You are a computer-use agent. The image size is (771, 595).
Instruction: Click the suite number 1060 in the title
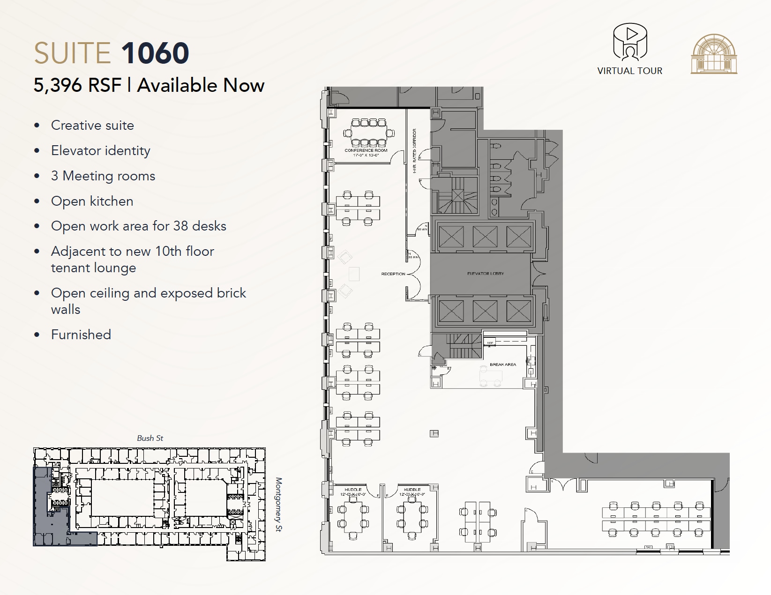pos(155,53)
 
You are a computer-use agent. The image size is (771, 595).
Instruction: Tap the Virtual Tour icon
pos(630,43)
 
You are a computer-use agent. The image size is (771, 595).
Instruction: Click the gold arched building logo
pos(713,54)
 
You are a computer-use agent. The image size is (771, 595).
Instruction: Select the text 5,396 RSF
pos(77,85)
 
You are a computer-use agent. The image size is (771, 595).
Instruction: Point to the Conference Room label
pos(366,150)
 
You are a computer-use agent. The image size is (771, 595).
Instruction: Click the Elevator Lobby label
pos(485,273)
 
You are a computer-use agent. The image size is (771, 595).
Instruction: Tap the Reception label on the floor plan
pos(393,274)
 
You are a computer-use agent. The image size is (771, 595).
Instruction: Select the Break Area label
pos(502,364)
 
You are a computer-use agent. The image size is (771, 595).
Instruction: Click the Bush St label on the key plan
pos(150,438)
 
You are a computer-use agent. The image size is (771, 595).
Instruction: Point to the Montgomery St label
pos(278,505)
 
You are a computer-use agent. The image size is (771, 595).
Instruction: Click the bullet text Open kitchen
pos(92,201)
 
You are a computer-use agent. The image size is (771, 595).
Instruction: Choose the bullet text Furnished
pos(81,335)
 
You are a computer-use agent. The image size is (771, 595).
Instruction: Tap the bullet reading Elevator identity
pos(100,150)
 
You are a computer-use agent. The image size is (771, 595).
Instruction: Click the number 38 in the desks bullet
pos(181,226)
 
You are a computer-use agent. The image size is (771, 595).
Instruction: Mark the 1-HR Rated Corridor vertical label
pos(414,151)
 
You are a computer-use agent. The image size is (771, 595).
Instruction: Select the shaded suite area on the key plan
pos(42,506)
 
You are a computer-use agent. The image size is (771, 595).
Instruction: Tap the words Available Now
pos(201,85)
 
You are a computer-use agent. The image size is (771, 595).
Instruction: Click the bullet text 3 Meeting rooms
pos(103,176)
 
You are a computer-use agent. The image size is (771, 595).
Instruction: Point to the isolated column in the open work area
pos(434,433)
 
